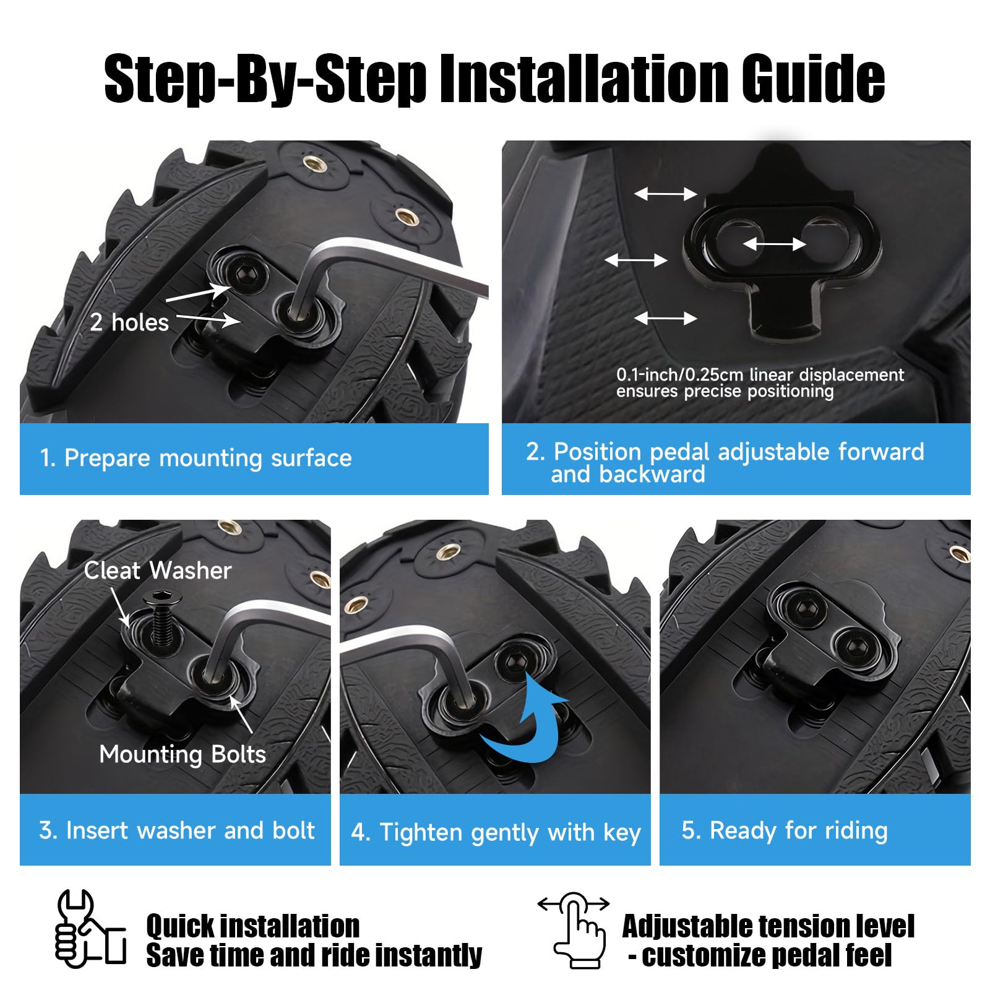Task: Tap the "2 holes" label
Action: [129, 322]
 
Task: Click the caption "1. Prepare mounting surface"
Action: [196, 458]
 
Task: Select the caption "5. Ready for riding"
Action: [785, 830]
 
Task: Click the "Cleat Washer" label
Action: [158, 570]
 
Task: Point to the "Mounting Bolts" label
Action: [183, 754]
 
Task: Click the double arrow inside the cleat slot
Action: [774, 244]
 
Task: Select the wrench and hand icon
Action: [90, 929]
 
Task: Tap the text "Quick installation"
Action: [253, 926]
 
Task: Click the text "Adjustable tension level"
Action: [768, 926]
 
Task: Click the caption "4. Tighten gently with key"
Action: [496, 832]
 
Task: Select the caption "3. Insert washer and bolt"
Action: [177, 830]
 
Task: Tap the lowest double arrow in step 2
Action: [666, 319]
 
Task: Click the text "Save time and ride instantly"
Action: [314, 955]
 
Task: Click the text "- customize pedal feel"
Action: [760, 956]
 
